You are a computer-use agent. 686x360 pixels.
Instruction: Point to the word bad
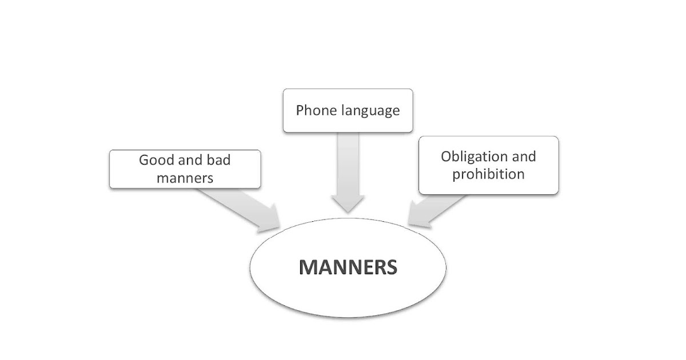pyautogui.click(x=218, y=160)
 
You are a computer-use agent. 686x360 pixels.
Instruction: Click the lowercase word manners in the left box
pyautogui.click(x=185, y=178)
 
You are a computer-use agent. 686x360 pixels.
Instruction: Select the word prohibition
pyautogui.click(x=488, y=174)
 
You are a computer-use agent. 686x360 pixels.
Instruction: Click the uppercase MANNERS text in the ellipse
pyautogui.click(x=348, y=267)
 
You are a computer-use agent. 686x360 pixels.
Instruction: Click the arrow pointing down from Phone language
pyautogui.click(x=347, y=171)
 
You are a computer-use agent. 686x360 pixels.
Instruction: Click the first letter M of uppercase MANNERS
pyautogui.click(x=309, y=267)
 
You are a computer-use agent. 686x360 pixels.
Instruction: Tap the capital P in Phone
pyautogui.click(x=300, y=110)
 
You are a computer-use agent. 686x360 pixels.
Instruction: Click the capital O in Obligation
pyautogui.click(x=446, y=157)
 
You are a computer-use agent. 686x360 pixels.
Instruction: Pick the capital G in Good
pyautogui.click(x=144, y=160)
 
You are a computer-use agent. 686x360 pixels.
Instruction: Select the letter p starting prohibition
pyautogui.click(x=456, y=175)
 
